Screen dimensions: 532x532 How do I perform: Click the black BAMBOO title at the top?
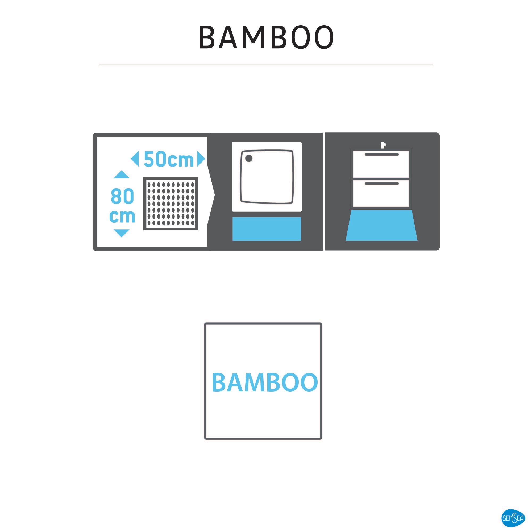click(x=266, y=38)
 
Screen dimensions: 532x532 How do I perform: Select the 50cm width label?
click(x=169, y=159)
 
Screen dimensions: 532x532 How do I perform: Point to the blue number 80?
click(x=122, y=196)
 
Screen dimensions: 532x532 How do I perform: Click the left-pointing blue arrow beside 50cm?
click(x=135, y=159)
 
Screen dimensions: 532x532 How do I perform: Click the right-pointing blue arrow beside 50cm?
click(x=201, y=159)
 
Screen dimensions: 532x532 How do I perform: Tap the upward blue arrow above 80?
click(x=122, y=174)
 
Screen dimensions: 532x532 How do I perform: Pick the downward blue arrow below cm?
click(x=122, y=233)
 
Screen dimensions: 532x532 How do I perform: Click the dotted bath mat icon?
click(x=171, y=204)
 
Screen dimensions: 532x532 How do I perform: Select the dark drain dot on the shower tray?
click(x=249, y=158)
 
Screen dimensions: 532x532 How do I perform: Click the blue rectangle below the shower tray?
click(x=267, y=229)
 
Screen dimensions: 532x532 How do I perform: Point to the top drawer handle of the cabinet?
click(x=382, y=155)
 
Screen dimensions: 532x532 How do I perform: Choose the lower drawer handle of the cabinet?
click(x=382, y=183)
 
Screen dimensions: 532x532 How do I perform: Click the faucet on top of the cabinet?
click(x=383, y=145)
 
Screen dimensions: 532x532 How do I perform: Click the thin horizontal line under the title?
click(x=266, y=64)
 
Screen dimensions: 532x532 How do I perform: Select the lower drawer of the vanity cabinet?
click(x=381, y=193)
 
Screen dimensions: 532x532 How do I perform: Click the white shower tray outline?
click(x=267, y=177)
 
